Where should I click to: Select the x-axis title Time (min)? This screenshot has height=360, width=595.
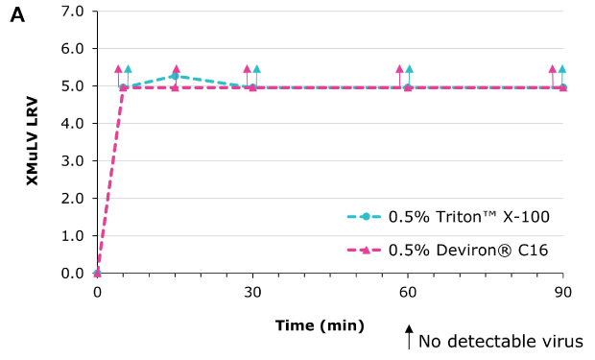pos(320,325)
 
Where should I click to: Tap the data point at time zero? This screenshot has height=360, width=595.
pos(97,273)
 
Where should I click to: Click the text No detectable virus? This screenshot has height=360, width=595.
pos(500,341)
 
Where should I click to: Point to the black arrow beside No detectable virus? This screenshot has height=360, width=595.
pos(409,338)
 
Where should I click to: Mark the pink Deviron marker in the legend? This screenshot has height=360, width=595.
pos(366,251)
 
